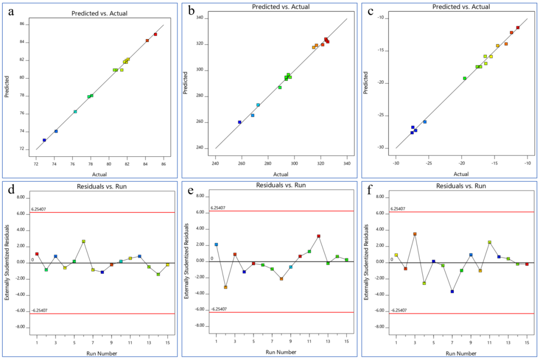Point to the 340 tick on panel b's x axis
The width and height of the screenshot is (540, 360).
(347, 163)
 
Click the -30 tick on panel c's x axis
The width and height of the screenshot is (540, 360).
(396, 163)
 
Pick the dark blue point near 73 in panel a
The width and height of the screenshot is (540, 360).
(44, 140)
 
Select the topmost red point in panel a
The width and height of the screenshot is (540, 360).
(155, 34)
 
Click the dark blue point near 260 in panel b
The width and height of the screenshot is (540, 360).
(239, 122)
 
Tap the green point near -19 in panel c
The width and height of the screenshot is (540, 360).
(464, 78)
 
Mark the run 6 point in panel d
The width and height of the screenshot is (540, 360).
(83, 242)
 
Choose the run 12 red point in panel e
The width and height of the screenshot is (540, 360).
(319, 236)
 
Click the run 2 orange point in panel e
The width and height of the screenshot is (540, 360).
(225, 287)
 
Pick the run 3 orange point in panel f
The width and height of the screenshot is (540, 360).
(415, 234)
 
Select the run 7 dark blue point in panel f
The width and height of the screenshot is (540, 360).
(452, 291)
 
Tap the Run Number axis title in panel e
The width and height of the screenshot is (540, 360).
(281, 352)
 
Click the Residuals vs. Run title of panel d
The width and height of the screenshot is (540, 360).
(100, 186)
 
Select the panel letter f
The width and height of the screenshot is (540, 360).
(371, 189)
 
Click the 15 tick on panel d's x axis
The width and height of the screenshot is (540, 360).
(168, 343)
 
